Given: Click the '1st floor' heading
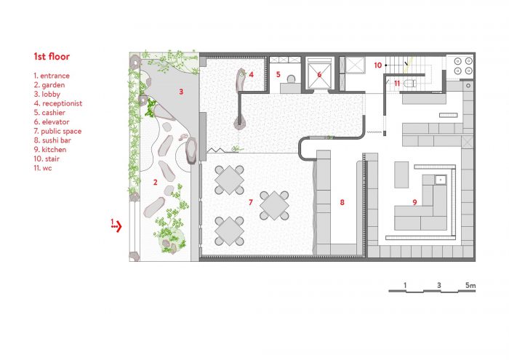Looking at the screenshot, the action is pyautogui.click(x=52, y=57).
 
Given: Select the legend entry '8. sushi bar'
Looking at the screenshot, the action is pyautogui.click(x=52, y=140).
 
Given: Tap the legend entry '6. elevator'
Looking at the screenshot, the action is pyautogui.click(x=52, y=121).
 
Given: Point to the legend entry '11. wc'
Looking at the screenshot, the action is pyautogui.click(x=43, y=168).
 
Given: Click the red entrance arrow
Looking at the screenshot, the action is pyautogui.click(x=116, y=226).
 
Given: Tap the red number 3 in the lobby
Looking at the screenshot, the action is pyautogui.click(x=181, y=92).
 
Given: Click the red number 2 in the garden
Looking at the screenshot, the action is pyautogui.click(x=155, y=182).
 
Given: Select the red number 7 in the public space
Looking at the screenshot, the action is pyautogui.click(x=250, y=202).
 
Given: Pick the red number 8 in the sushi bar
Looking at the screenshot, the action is pyautogui.click(x=342, y=202).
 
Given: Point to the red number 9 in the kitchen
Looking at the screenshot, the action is pyautogui.click(x=414, y=202).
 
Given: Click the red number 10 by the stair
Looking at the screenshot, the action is pyautogui.click(x=377, y=65).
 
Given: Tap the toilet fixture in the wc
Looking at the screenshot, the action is pyautogui.click(x=409, y=84).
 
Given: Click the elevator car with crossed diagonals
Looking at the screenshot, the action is pyautogui.click(x=319, y=76).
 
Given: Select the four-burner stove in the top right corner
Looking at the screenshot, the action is pyautogui.click(x=463, y=65).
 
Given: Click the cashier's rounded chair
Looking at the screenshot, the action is pyautogui.click(x=291, y=79).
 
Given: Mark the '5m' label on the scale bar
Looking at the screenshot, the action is pyautogui.click(x=470, y=285).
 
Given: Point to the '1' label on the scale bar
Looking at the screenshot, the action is pyautogui.click(x=405, y=285).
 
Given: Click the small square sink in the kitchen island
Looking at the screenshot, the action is pyautogui.click(x=441, y=179).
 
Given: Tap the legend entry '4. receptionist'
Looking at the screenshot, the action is pyautogui.click(x=58, y=103).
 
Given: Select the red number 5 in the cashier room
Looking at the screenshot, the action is pyautogui.click(x=278, y=74).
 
